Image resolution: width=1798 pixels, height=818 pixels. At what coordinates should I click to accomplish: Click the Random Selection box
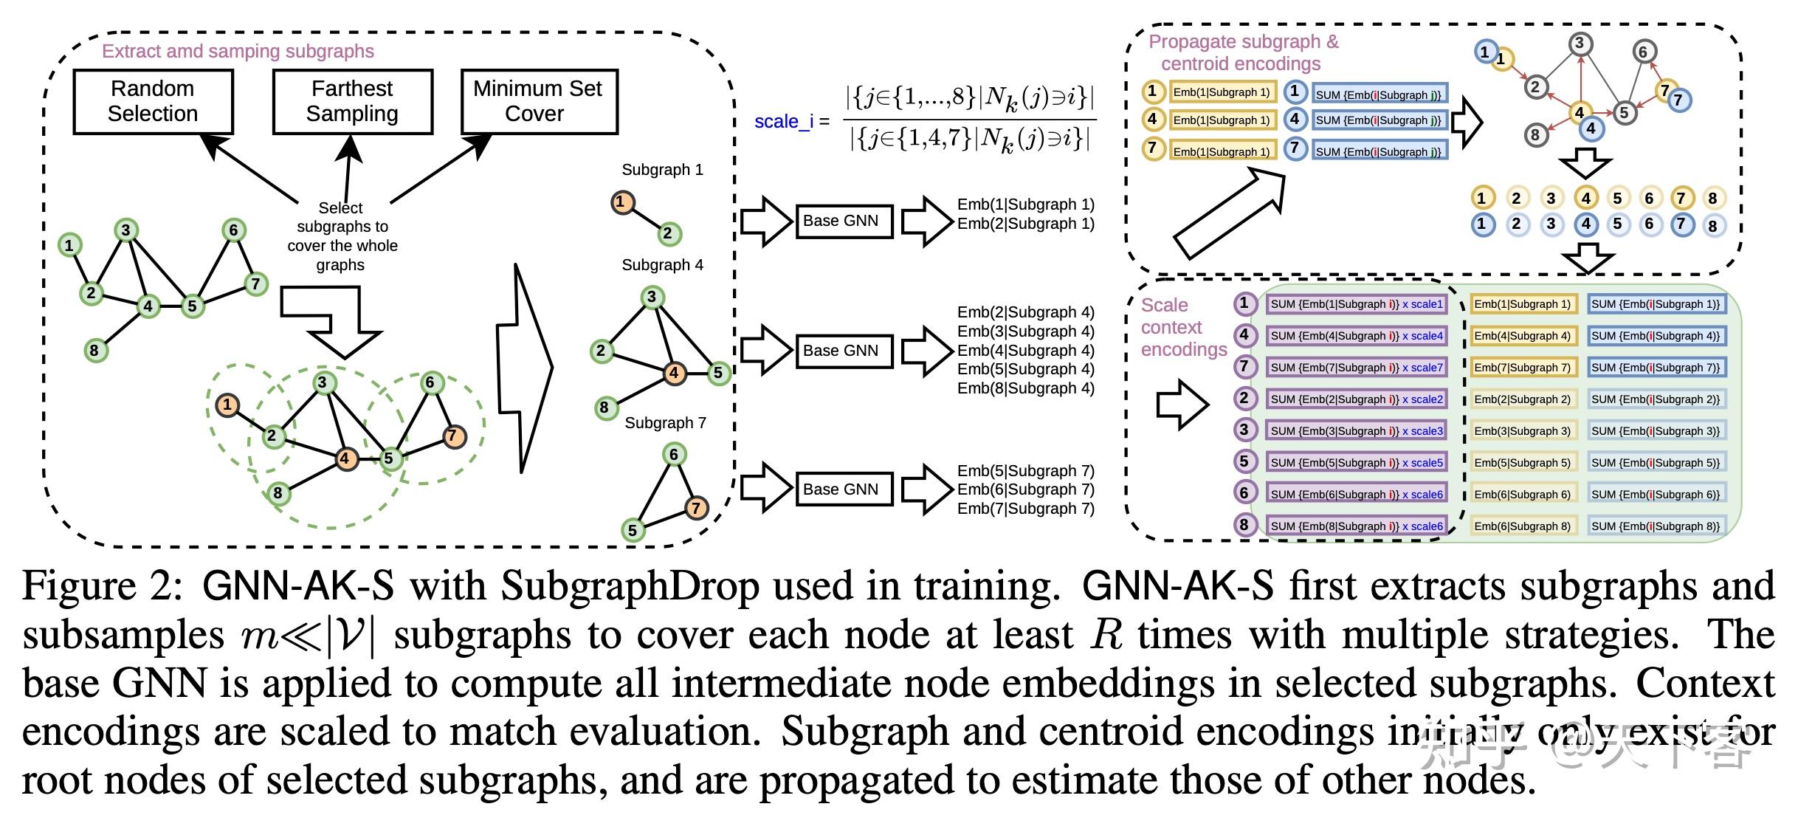[x=153, y=101]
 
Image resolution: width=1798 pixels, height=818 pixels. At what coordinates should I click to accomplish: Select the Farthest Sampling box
[x=352, y=101]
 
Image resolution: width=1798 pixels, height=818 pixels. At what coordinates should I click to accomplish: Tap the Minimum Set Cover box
[x=538, y=101]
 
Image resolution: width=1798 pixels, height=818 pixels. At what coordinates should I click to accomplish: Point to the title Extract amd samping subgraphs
[x=238, y=51]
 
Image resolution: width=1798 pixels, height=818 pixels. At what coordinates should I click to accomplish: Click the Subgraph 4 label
[x=662, y=265]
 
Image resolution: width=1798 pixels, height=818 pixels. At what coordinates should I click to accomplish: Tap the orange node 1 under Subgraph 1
[x=622, y=202]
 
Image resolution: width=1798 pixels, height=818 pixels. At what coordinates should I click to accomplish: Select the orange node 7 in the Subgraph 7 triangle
[x=695, y=507]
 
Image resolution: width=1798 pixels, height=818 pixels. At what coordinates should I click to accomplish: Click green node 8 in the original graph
[x=94, y=350]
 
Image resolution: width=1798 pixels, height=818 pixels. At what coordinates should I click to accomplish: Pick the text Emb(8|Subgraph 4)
[x=1025, y=388]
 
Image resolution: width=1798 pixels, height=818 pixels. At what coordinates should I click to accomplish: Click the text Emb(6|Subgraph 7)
[x=1025, y=489]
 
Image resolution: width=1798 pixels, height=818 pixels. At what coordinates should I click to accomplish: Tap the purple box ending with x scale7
[x=1356, y=368]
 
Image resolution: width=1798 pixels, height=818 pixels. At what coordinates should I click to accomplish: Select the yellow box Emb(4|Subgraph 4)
[x=1523, y=336]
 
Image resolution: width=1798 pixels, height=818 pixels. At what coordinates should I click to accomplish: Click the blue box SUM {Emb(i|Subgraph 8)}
[x=1656, y=526]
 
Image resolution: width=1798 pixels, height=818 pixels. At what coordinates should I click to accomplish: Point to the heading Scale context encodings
[x=1182, y=327]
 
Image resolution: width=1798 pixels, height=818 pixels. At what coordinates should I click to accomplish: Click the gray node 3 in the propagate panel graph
[x=1580, y=44]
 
